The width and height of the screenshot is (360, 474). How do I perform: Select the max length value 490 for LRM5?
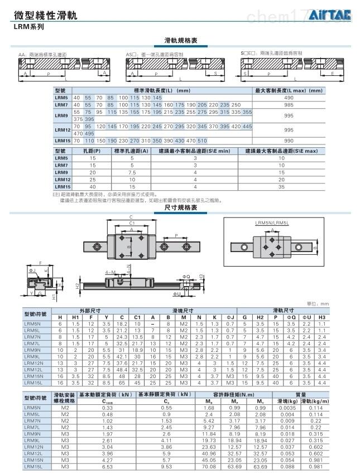(289, 98)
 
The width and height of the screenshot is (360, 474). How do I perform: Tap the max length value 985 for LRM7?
(289, 104)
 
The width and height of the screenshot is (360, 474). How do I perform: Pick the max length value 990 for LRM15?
(289, 140)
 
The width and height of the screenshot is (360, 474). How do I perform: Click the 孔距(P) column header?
(93, 151)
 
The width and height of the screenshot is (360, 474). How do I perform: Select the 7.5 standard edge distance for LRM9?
(132, 172)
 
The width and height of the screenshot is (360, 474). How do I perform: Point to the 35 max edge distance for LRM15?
(281, 186)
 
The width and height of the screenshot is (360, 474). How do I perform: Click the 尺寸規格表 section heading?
(180, 207)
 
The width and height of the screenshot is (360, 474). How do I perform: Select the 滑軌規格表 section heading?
(180, 40)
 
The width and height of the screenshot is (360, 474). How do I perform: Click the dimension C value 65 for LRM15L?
(122, 383)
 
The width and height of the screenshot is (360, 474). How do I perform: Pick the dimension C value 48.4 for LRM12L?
(122, 370)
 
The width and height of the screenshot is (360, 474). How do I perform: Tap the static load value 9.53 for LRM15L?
(166, 467)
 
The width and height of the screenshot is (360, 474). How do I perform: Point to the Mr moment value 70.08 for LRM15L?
(209, 467)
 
